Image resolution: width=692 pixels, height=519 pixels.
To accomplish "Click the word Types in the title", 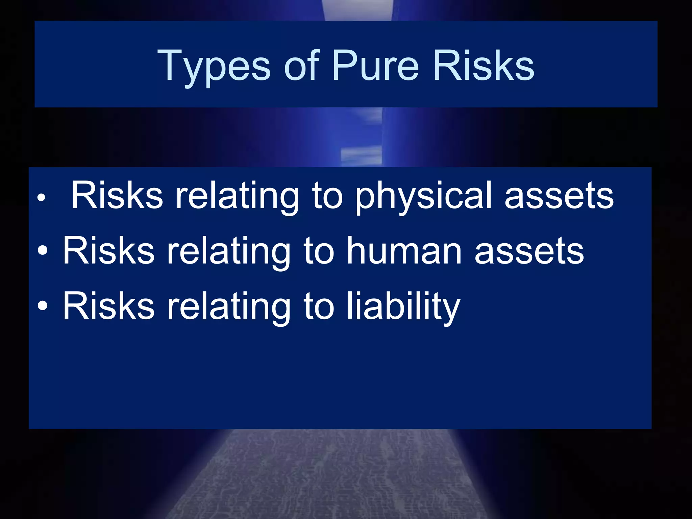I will [214, 66].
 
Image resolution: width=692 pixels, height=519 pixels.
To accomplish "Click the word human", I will [404, 251].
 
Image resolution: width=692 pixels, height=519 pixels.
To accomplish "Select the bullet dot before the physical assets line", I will [41, 198].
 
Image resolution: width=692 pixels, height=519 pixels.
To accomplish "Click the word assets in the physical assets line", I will [559, 196].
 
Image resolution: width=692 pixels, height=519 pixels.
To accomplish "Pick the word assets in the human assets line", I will [529, 251].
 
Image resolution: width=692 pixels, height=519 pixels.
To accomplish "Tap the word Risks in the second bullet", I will [109, 251].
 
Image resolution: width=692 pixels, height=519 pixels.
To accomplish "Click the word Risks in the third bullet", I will [109, 306].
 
